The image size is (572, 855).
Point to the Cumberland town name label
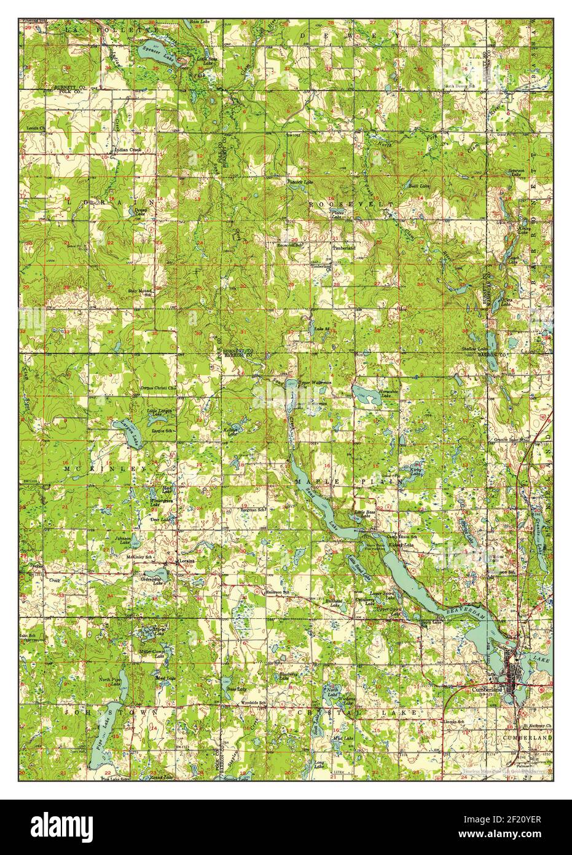488,690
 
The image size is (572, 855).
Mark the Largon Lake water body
131,435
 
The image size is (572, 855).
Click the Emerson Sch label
276,592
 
